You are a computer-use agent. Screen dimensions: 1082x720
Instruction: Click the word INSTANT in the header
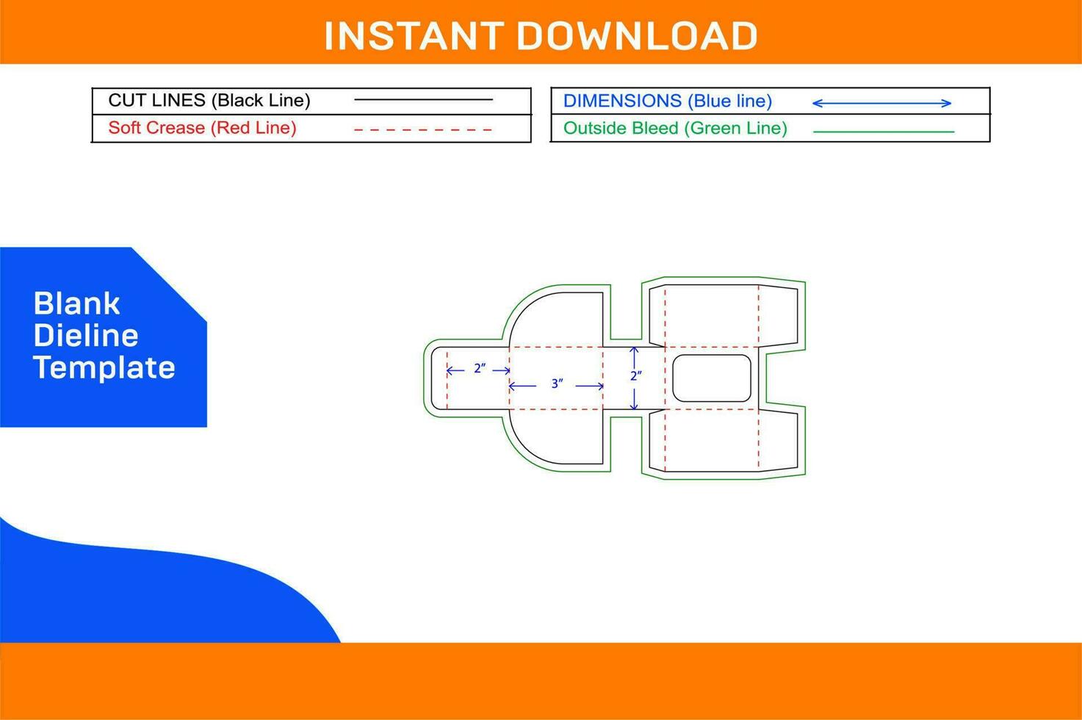point(414,36)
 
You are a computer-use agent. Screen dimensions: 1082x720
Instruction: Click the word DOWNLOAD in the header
point(637,36)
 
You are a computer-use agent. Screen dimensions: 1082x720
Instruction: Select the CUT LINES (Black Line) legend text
point(209,100)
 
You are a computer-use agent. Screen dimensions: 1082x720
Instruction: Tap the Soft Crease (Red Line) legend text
point(202,128)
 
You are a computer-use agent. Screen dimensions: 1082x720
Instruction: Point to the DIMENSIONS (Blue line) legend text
point(667,101)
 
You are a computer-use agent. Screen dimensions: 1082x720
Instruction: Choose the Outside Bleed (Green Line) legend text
point(675,129)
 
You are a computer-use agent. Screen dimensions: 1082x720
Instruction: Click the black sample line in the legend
point(423,100)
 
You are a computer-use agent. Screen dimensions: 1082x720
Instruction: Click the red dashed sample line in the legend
point(423,129)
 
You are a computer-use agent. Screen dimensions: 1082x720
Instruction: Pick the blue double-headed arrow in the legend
point(881,104)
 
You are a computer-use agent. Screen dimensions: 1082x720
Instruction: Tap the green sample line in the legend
point(884,132)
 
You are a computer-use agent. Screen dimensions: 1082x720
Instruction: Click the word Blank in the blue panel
point(76,303)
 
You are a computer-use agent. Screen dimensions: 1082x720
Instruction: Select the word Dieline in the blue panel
point(86,336)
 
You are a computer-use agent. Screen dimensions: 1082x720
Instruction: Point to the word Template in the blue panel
point(104,367)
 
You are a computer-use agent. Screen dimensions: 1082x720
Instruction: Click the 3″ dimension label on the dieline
point(557,384)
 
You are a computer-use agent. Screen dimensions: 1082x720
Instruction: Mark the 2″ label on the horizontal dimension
point(479,369)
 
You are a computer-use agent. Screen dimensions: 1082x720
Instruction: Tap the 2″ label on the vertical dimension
point(636,375)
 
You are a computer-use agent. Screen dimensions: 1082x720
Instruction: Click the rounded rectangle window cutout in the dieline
point(712,378)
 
